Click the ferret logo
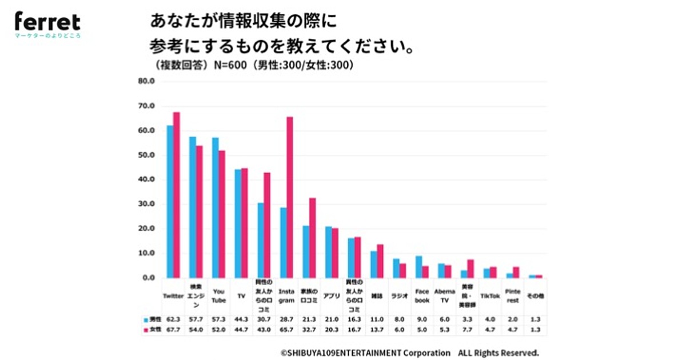pos(47,23)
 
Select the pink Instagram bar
pos(290,197)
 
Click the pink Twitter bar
pos(177,194)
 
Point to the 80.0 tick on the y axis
pos(146,81)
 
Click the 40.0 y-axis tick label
pos(146,179)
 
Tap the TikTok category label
pos(490,297)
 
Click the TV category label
pos(241,297)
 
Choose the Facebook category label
pos(422,297)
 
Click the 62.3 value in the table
pos(173,320)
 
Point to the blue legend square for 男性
pos(146,320)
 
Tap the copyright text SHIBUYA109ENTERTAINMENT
pos(366,353)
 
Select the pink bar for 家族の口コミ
pos(312,238)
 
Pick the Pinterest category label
pos(513,297)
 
